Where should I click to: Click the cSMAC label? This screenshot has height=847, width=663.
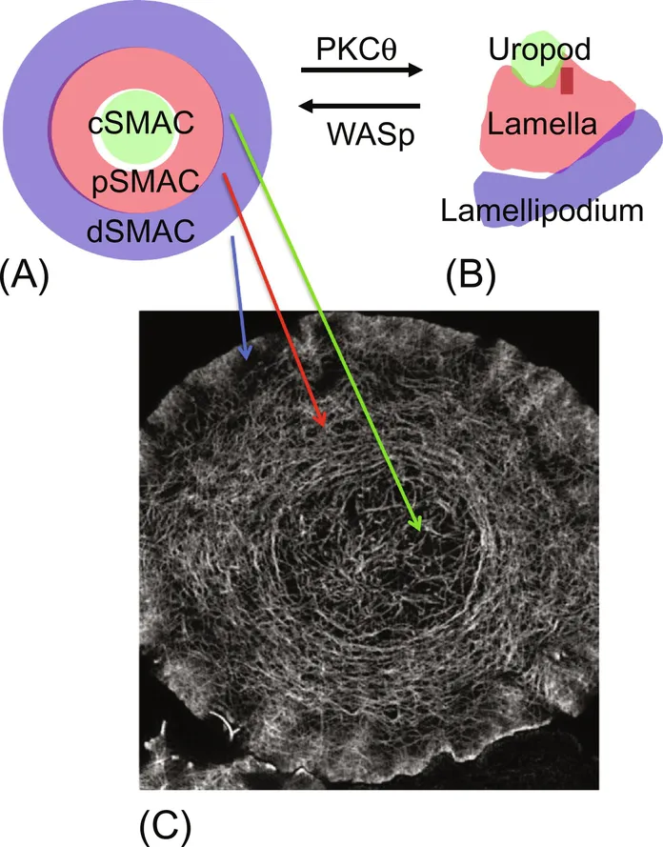[141, 123]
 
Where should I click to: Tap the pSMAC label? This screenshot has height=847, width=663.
[145, 182]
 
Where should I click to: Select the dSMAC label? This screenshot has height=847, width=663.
[141, 231]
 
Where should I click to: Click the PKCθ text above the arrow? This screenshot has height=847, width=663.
[356, 50]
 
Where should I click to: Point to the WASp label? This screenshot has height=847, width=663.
[371, 134]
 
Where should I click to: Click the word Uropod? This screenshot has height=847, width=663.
[539, 50]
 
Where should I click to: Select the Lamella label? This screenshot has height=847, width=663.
[542, 124]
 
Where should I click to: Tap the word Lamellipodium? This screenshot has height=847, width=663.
[542, 211]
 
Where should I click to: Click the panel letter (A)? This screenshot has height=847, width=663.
[25, 275]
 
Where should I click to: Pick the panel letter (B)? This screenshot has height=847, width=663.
[471, 275]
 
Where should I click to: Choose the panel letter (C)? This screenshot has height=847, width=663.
[165, 825]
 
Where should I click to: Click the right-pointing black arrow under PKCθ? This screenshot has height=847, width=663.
[362, 70]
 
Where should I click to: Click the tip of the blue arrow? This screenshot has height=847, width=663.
[246, 360]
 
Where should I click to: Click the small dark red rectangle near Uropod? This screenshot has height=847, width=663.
[567, 81]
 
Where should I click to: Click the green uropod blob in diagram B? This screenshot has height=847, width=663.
[537, 64]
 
